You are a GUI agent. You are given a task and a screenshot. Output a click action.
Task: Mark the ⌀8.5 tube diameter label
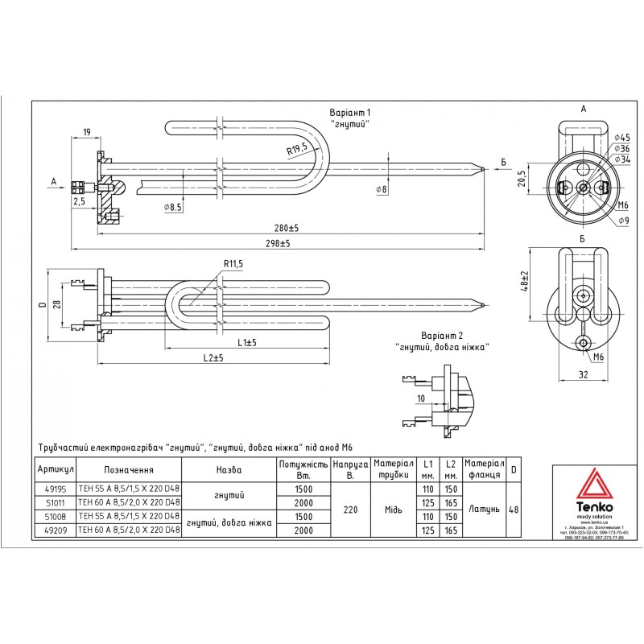173,208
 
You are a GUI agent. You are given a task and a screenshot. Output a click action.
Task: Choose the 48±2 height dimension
525,283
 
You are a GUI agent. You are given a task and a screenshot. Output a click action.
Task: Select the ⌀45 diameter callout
621,138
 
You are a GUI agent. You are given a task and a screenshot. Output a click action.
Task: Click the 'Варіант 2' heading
442,335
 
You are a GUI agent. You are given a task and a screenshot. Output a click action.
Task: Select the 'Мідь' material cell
394,509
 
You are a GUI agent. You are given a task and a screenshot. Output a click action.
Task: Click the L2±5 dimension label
213,357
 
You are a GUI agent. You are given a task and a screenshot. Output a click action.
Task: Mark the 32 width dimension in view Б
584,374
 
